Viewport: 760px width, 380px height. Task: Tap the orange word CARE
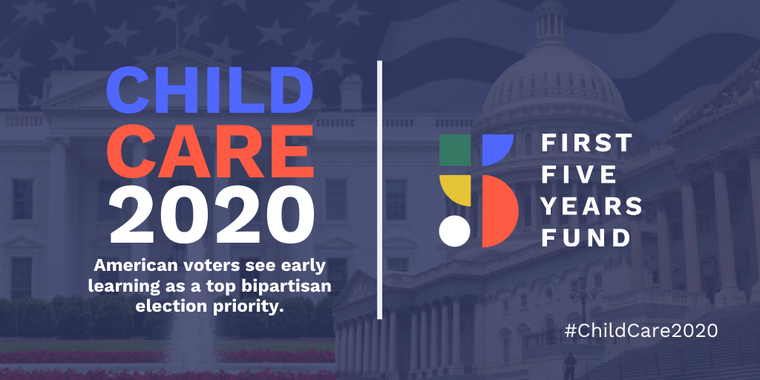click(x=210, y=151)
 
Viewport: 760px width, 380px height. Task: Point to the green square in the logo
click(x=455, y=150)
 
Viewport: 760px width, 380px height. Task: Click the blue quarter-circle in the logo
click(x=497, y=148)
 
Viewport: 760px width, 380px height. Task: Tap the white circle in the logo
click(x=455, y=232)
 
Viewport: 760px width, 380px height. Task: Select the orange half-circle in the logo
click(x=499, y=211)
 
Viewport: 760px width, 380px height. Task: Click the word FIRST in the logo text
click(x=586, y=143)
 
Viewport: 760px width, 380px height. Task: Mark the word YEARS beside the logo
click(x=592, y=206)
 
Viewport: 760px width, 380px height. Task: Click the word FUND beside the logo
click(x=586, y=237)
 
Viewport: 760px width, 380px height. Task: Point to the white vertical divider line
click(x=379, y=189)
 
